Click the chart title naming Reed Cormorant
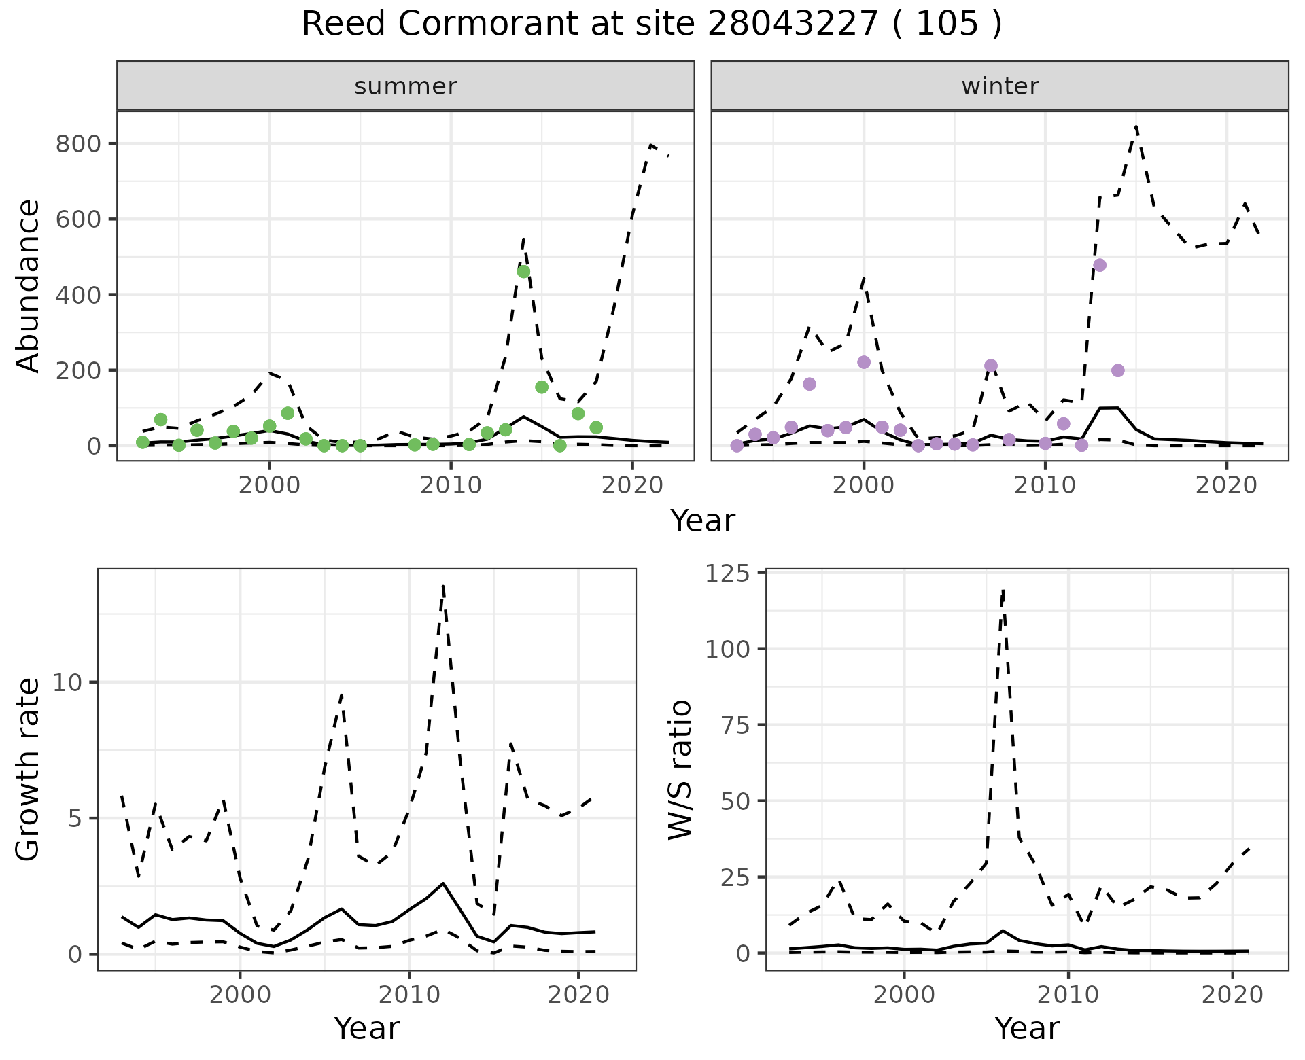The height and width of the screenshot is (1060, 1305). (652, 25)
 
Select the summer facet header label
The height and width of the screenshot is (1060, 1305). (406, 86)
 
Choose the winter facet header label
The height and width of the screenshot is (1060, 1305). (1000, 86)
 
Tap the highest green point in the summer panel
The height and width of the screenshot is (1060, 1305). (523, 271)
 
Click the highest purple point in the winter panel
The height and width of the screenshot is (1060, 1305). (1100, 265)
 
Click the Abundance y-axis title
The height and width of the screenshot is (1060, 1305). (29, 285)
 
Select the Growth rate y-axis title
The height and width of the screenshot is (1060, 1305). (29, 770)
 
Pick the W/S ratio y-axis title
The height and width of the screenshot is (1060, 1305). (680, 770)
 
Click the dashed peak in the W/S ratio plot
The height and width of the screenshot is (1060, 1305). (1003, 590)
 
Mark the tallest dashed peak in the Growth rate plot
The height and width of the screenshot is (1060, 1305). (442, 585)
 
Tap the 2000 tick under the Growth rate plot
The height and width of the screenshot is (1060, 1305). (239, 995)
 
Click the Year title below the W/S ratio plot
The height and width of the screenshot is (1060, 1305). (1026, 1029)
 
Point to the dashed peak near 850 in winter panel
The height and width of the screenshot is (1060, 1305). (1136, 126)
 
